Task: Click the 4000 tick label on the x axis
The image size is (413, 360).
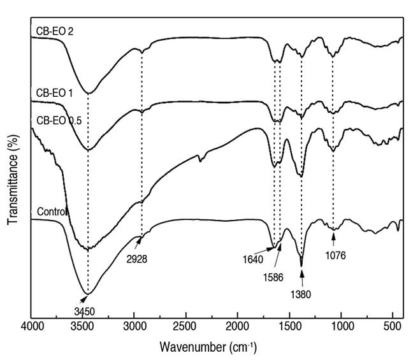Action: point(31,330)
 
